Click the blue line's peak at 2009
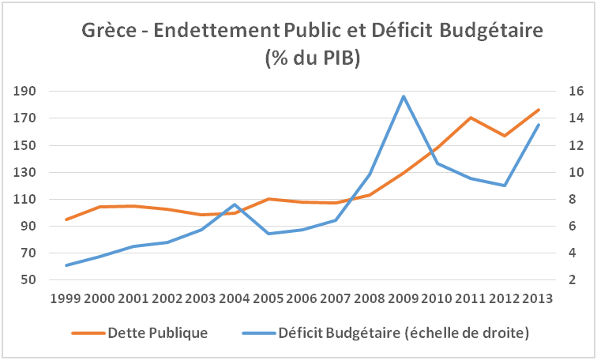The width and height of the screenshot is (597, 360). click(x=404, y=96)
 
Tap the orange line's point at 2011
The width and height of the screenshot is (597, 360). click(x=471, y=118)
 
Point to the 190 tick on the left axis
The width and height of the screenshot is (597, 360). click(x=26, y=92)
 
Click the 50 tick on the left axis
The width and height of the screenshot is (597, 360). click(x=29, y=280)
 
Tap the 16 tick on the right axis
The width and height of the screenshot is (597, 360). click(x=574, y=92)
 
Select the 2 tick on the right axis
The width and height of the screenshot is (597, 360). click(x=570, y=280)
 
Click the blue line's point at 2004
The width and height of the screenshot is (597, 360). click(x=235, y=204)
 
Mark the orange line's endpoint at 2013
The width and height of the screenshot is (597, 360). click(x=539, y=110)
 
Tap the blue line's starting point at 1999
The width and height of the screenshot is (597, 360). click(x=66, y=265)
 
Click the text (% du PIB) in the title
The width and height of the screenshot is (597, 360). click(x=314, y=59)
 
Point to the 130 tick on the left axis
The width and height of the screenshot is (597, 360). click(x=26, y=172)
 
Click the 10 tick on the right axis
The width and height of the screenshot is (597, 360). click(x=574, y=172)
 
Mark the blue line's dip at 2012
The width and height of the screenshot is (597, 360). click(x=505, y=186)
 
